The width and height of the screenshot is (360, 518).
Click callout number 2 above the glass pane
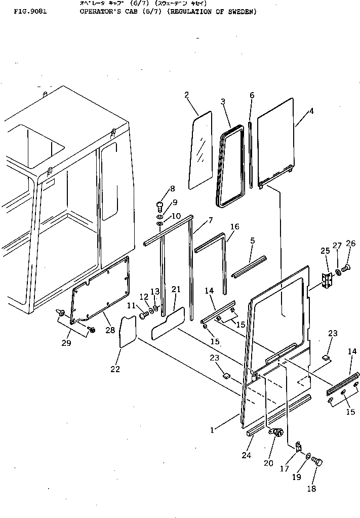click(x=187, y=95)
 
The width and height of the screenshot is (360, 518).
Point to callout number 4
click(x=311, y=111)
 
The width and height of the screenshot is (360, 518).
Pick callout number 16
click(x=234, y=227)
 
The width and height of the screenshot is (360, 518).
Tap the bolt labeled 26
click(x=346, y=267)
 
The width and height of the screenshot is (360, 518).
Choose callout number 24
click(x=247, y=455)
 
